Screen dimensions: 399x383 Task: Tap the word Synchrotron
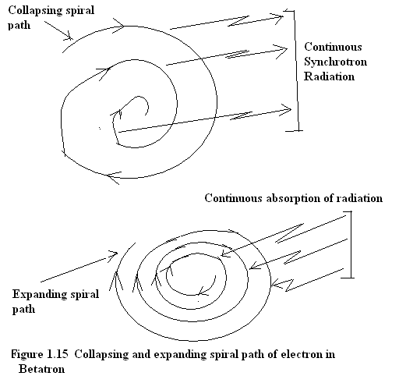335,62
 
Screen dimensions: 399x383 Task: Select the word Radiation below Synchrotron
329,76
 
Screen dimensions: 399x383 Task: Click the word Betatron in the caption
41,369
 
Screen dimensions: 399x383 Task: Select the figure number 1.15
58,354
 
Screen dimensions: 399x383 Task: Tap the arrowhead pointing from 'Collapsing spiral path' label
69,37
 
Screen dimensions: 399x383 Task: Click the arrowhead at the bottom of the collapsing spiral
112,177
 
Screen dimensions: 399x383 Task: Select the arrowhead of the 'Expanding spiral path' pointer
114,255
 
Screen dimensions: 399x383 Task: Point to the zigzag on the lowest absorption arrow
289,285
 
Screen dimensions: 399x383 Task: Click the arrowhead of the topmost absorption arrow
224,254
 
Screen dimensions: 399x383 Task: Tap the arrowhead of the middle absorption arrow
253,267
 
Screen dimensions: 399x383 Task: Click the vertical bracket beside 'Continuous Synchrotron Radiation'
296,70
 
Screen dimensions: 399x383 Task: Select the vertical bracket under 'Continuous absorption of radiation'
351,244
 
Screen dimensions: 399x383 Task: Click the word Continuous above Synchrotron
333,47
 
